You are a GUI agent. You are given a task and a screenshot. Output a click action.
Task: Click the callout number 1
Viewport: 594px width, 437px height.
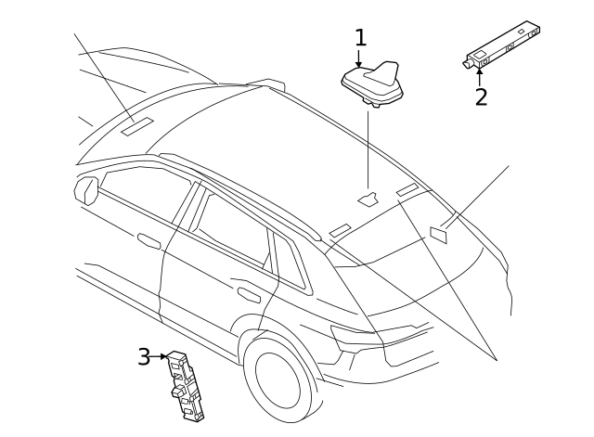pos(360,38)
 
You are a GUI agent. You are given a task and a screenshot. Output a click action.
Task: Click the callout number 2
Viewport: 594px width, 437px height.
pos(481,96)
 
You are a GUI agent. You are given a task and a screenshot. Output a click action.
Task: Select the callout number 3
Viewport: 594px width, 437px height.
pos(144,356)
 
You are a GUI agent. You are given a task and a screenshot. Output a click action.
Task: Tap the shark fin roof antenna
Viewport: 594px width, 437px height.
pos(373,82)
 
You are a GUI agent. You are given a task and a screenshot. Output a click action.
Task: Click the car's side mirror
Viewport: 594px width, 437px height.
pos(86,190)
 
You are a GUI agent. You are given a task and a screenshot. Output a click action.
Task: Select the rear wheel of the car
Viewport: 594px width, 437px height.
pos(278,377)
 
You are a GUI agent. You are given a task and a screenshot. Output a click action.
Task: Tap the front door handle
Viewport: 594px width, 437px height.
pos(149,241)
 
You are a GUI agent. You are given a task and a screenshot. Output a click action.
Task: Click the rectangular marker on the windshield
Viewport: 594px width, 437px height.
pos(136,126)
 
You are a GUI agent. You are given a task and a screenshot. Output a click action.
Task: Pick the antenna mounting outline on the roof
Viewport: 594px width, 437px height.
pos(368,198)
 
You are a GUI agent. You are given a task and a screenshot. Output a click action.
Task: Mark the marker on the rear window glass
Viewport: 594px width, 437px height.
pos(438,234)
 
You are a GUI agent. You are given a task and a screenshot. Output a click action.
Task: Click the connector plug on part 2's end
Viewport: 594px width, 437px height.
pos(468,63)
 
